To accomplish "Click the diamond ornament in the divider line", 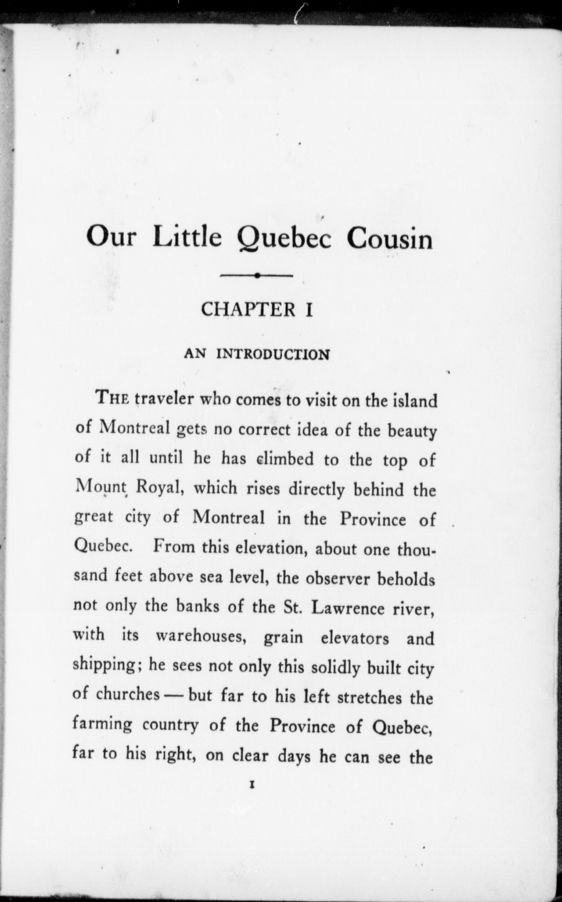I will coord(257,275).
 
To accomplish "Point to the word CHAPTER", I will coord(248,310).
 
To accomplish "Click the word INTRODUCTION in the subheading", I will coord(273,354).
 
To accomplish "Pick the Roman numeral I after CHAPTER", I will coord(308,310).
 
